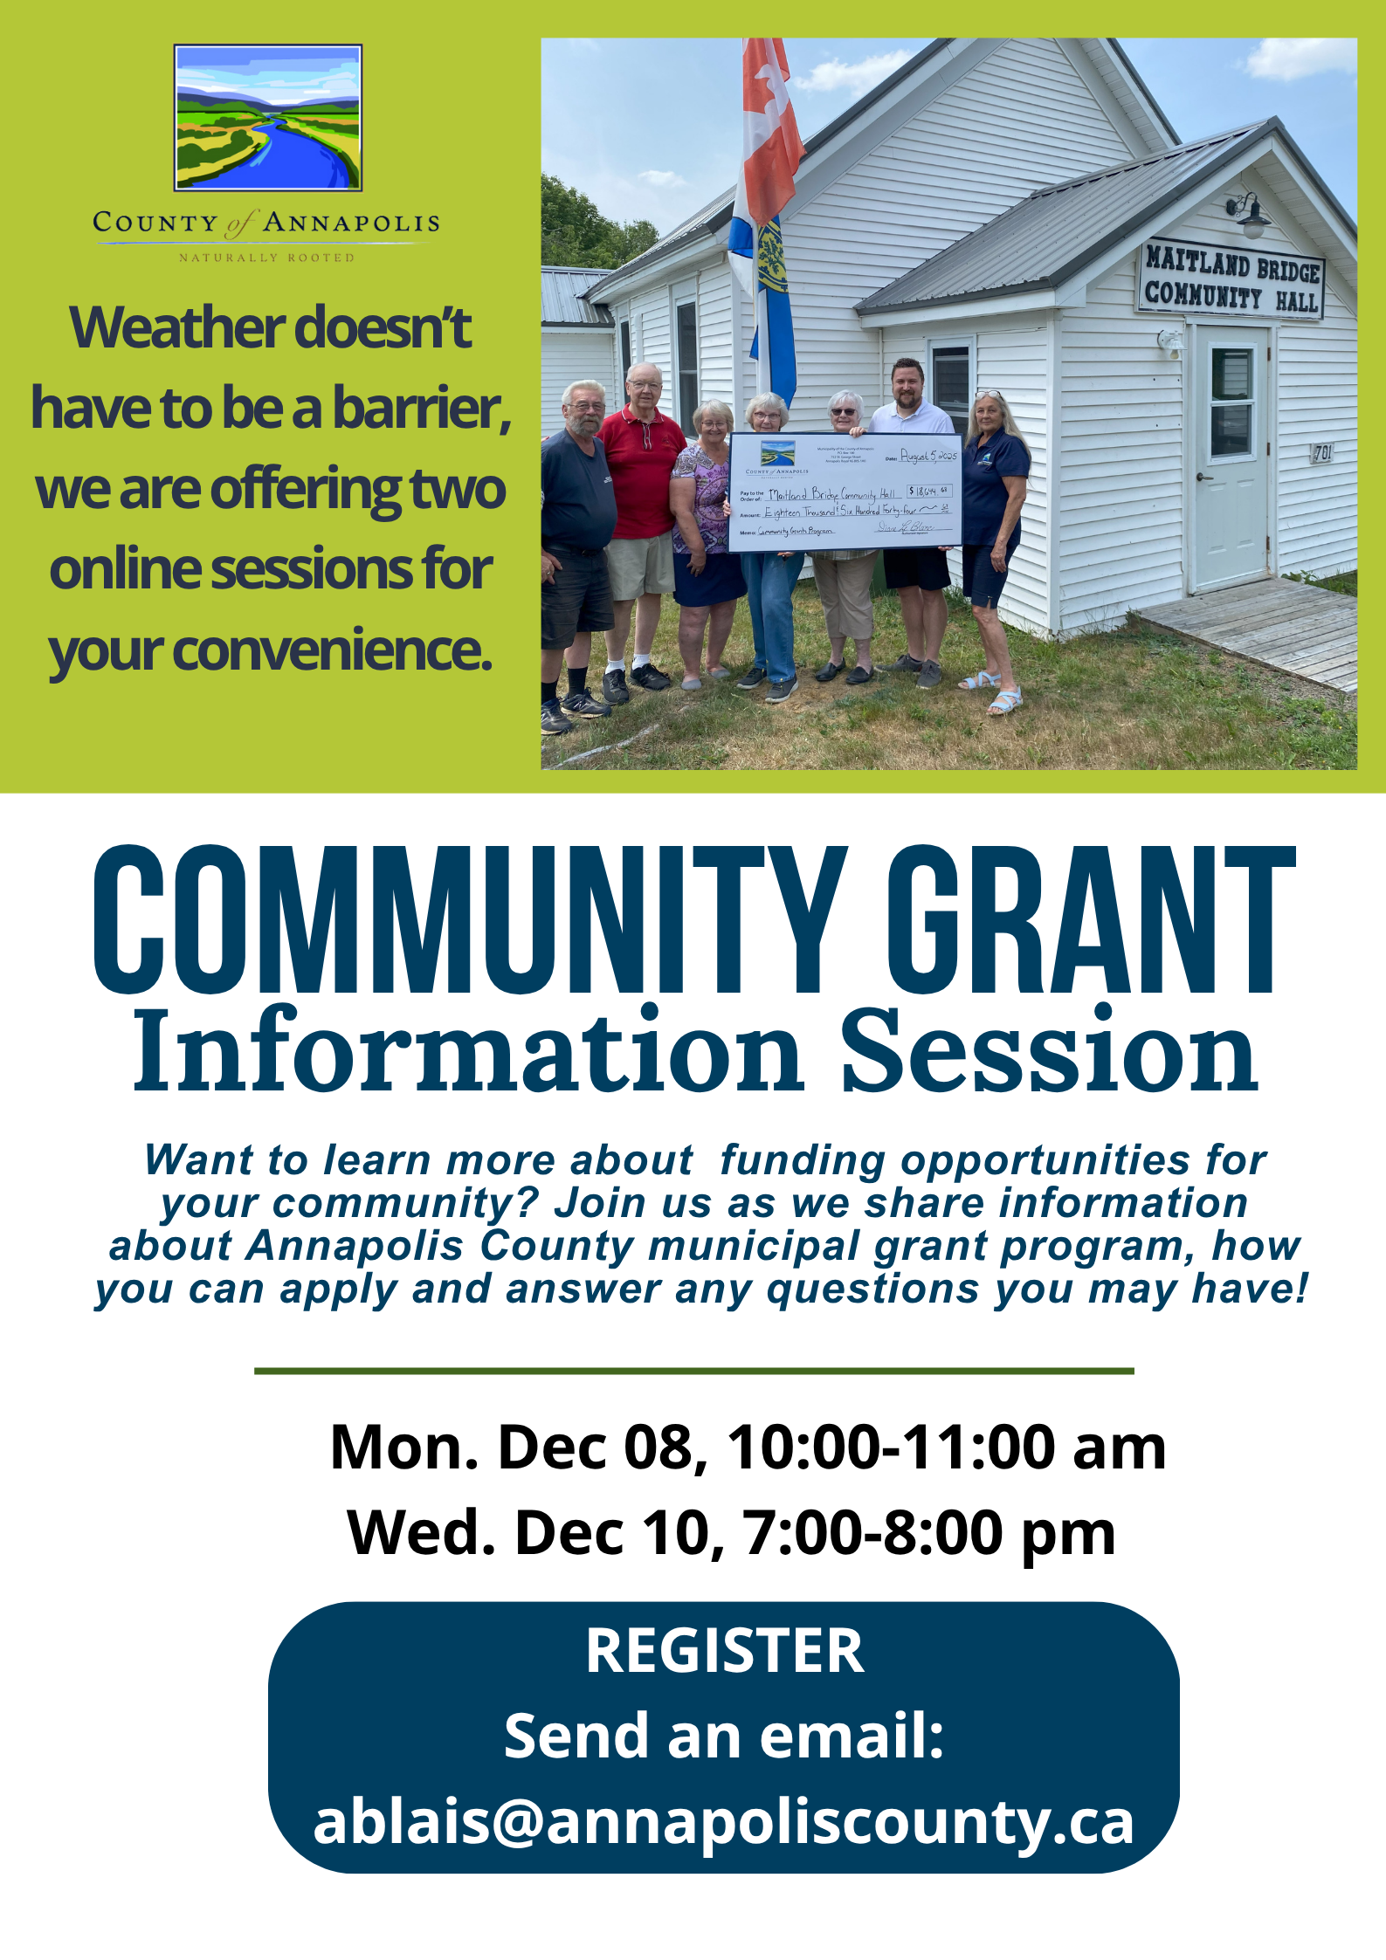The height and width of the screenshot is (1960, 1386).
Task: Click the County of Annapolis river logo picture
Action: point(268,118)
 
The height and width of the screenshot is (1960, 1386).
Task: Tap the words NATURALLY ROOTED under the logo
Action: point(266,258)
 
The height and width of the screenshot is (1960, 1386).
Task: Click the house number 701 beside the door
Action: point(1322,452)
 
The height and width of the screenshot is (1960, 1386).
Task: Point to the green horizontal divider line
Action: point(693,1371)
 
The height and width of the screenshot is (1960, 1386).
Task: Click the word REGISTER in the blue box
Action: point(724,1651)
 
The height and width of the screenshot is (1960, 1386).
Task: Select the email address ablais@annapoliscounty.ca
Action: point(724,1822)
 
